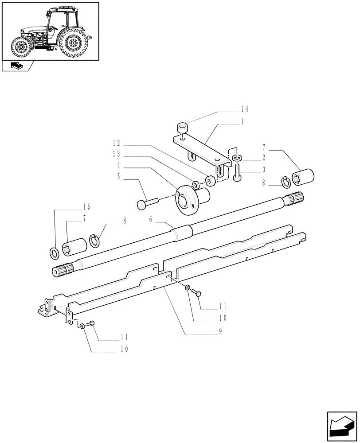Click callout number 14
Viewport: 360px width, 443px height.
244,109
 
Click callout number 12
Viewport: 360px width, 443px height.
117,144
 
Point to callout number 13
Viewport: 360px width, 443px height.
117,155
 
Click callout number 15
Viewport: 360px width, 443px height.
86,207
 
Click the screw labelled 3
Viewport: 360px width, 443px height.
237,173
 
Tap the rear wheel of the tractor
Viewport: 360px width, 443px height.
72,43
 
